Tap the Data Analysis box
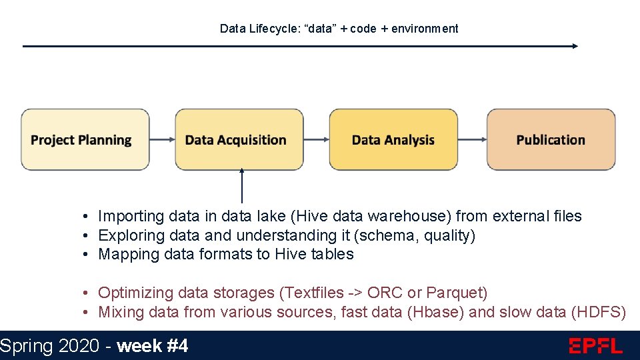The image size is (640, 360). pos(393,139)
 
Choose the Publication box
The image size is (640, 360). pos(551,139)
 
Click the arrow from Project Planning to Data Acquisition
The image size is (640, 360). pos(162,139)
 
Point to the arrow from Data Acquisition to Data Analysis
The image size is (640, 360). pos(317,139)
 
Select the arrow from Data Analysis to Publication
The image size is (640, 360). pos(472,139)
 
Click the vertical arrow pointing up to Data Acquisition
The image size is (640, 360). pos(242,187)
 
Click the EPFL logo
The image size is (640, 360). pos(595,346)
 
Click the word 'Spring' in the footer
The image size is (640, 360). pos(26,346)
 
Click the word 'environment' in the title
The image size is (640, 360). pos(425,29)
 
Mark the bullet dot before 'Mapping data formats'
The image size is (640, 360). pos(87,255)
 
